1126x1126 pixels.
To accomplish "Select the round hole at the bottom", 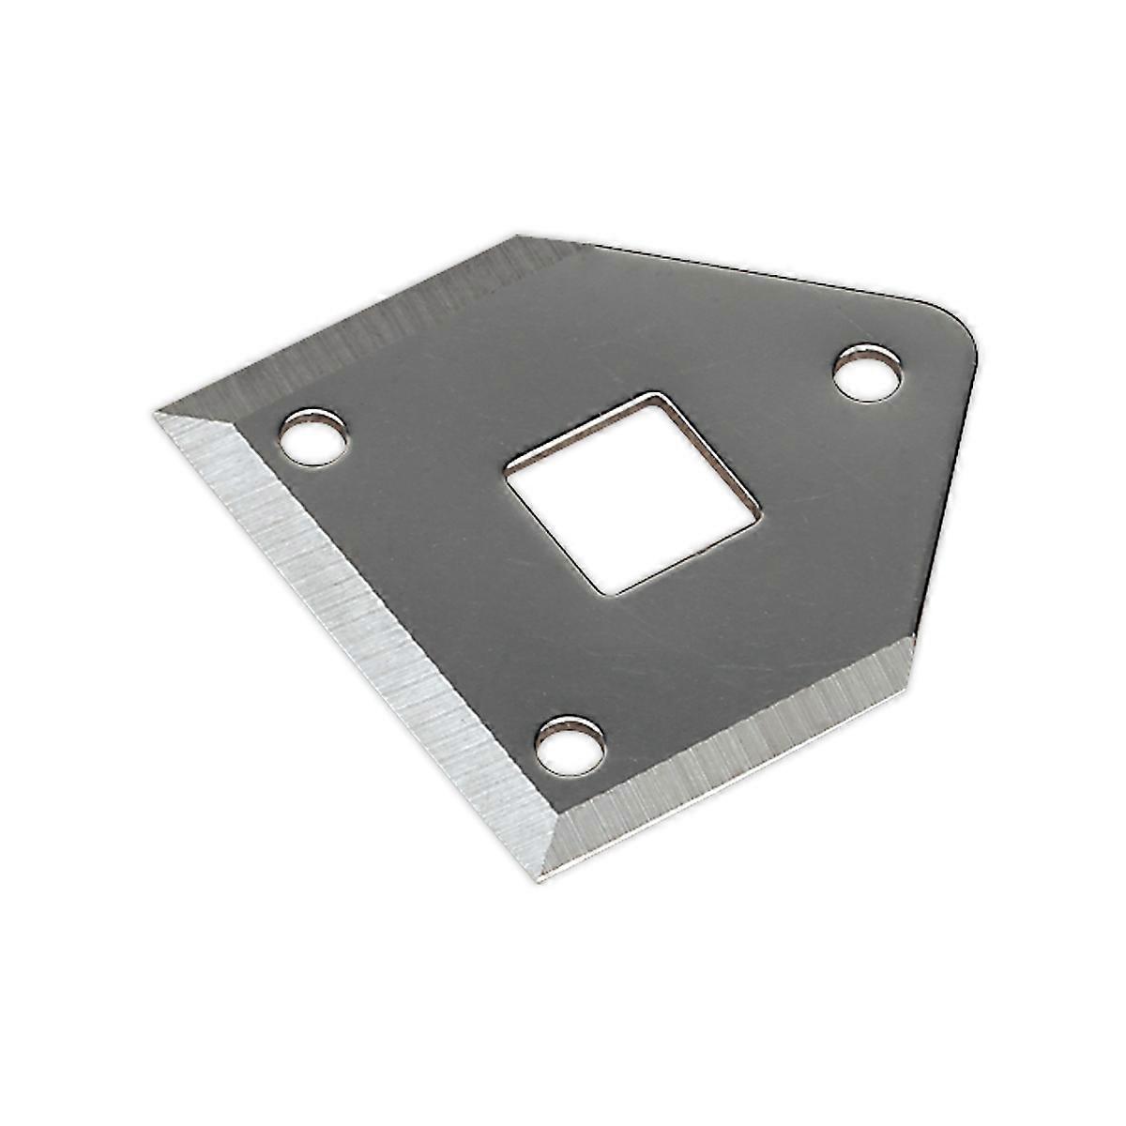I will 570,745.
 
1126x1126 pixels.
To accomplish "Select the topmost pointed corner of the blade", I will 515,236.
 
